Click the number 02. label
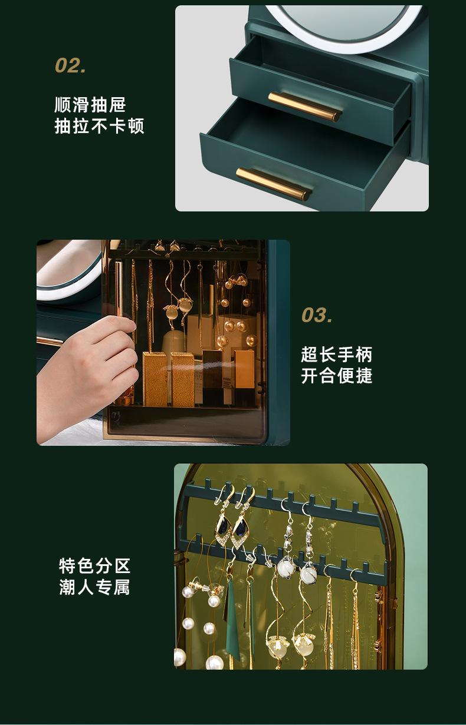point(71,65)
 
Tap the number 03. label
point(317,315)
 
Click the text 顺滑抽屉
point(90,105)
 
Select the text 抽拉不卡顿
point(99,126)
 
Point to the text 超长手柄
point(337,355)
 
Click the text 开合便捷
point(337,376)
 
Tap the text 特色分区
point(94,566)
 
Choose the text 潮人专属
point(94,587)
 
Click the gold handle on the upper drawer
point(304,106)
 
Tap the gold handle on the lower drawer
point(273,183)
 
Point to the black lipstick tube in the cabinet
point(212,377)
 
